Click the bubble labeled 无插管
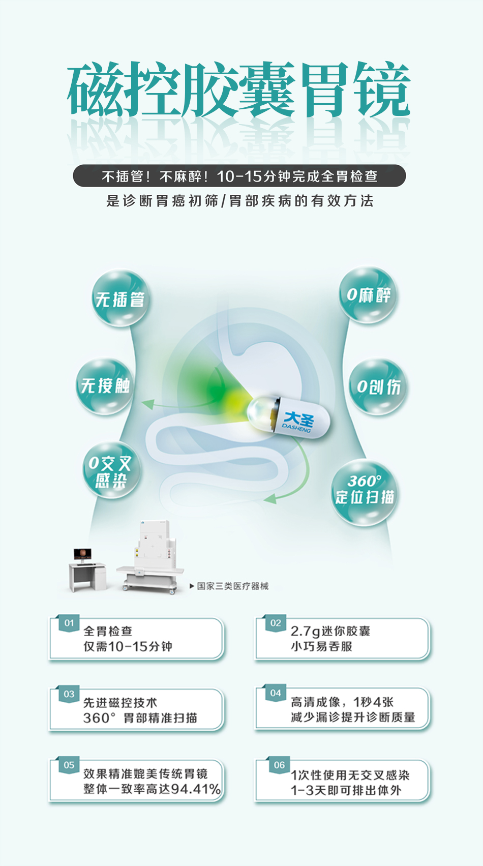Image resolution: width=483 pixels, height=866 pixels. [x=120, y=298]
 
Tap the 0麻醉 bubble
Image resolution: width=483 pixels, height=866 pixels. [x=368, y=295]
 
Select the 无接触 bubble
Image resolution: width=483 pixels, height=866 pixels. [x=105, y=386]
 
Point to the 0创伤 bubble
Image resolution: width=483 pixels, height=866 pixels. [x=378, y=387]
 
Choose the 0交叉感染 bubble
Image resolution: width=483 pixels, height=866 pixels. [x=111, y=470]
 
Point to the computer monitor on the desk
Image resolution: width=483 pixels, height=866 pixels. [x=83, y=554]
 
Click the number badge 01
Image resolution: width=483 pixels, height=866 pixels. [x=69, y=623]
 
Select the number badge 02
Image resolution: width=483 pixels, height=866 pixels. [x=276, y=623]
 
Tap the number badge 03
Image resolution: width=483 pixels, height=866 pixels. [x=69, y=694]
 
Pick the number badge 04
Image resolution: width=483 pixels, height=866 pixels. [x=276, y=693]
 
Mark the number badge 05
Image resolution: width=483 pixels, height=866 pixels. [x=69, y=765]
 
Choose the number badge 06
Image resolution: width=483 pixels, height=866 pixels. [x=279, y=765]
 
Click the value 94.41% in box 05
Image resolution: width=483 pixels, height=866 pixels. [x=196, y=789]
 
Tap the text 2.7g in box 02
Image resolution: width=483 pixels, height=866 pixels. [x=305, y=631]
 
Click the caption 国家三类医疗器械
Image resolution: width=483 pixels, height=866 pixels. [x=232, y=586]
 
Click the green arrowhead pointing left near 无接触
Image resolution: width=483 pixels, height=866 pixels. [x=148, y=404]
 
